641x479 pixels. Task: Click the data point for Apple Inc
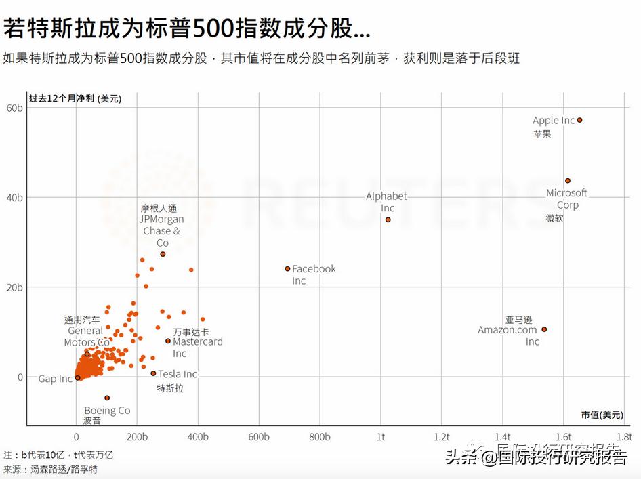(579, 120)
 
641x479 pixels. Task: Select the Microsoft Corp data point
(568, 180)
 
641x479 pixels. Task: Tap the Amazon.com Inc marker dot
(544, 329)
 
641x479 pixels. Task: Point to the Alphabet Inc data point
(388, 220)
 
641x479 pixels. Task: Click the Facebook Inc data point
(287, 268)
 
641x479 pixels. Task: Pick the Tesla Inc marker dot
(153, 373)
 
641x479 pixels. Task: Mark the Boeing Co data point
(107, 398)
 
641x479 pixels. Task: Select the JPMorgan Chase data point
(163, 254)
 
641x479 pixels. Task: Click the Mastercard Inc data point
(168, 341)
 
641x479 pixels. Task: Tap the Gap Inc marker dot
(77, 378)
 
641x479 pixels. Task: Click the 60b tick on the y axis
(15, 108)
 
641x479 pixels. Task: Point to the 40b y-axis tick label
(15, 197)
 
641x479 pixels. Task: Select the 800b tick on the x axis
(319, 437)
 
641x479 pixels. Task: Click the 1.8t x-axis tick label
(623, 437)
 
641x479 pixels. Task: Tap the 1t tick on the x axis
(381, 437)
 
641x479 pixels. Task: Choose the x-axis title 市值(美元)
(602, 415)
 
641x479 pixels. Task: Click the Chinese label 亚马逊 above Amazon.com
(518, 320)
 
